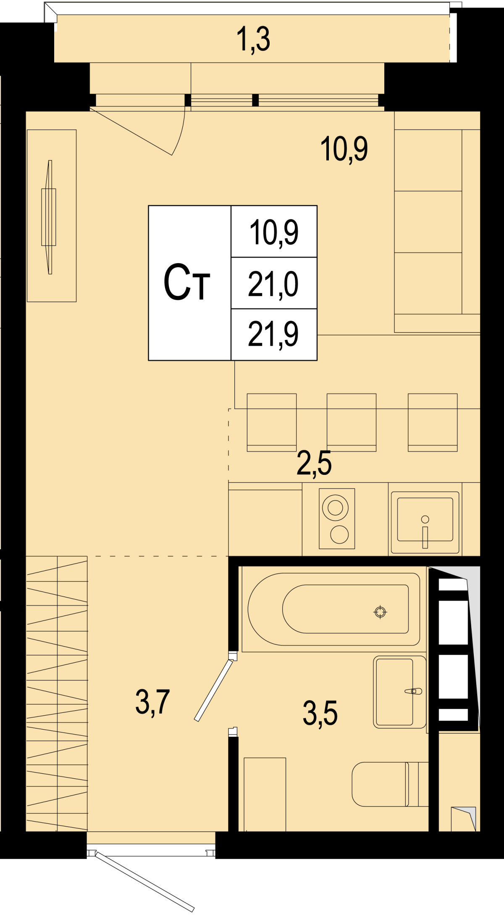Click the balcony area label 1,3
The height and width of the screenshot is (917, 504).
[253, 40]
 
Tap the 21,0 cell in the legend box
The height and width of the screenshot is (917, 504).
[273, 284]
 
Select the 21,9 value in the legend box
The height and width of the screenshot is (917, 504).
[273, 334]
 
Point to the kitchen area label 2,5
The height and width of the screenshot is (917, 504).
[314, 463]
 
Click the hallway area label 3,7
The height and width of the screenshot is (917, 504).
[152, 701]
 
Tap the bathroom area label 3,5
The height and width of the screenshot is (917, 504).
[320, 713]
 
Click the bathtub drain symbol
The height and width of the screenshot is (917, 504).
[380, 612]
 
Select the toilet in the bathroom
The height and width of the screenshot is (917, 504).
[390, 784]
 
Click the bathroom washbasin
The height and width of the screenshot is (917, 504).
[400, 692]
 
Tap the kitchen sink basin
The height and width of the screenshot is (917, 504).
[425, 519]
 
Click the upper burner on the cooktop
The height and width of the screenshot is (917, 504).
[335, 508]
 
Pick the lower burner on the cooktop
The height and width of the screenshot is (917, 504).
[339, 535]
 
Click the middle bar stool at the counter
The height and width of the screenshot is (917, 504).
[352, 422]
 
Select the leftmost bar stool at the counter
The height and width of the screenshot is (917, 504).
[272, 422]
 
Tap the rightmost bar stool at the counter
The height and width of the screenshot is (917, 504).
[433, 422]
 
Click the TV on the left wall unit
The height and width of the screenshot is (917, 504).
[49, 217]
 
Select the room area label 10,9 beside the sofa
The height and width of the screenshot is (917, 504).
[344, 149]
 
